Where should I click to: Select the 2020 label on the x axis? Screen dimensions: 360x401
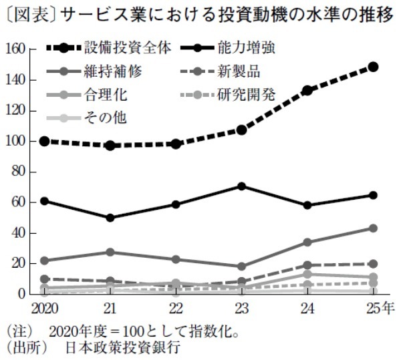click(x=43, y=308)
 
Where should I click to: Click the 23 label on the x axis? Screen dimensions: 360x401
click(x=241, y=308)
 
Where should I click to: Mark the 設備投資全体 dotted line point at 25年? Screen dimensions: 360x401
click(x=373, y=67)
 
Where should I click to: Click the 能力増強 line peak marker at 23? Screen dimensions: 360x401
click(x=241, y=186)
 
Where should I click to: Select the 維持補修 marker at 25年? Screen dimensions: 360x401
click(x=373, y=228)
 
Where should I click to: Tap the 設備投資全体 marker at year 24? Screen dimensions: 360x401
click(x=307, y=90)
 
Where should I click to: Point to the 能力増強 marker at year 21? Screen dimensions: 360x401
click(x=109, y=218)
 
